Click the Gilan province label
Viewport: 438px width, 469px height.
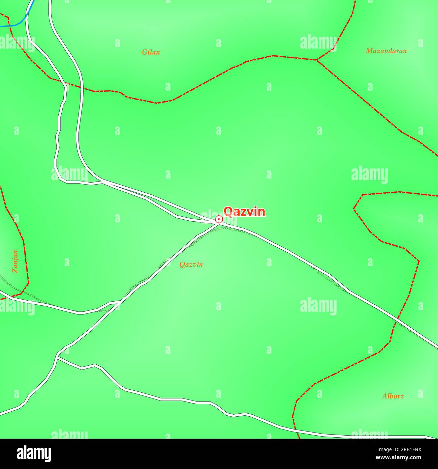(x=151, y=52)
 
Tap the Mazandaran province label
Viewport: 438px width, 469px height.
(x=386, y=51)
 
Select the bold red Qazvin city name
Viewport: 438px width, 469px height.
(x=245, y=212)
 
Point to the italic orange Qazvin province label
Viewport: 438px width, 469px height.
(x=191, y=265)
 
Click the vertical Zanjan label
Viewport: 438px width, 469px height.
(x=15, y=261)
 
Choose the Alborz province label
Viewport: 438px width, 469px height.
(x=393, y=396)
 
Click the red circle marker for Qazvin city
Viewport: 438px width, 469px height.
(x=219, y=220)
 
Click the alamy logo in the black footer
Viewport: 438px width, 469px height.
(x=34, y=454)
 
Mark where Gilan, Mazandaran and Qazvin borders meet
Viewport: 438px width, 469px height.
(x=316, y=60)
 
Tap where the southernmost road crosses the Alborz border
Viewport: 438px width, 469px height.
(x=296, y=431)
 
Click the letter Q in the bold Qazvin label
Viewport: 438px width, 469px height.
(x=228, y=212)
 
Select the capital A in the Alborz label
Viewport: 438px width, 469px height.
(x=384, y=396)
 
